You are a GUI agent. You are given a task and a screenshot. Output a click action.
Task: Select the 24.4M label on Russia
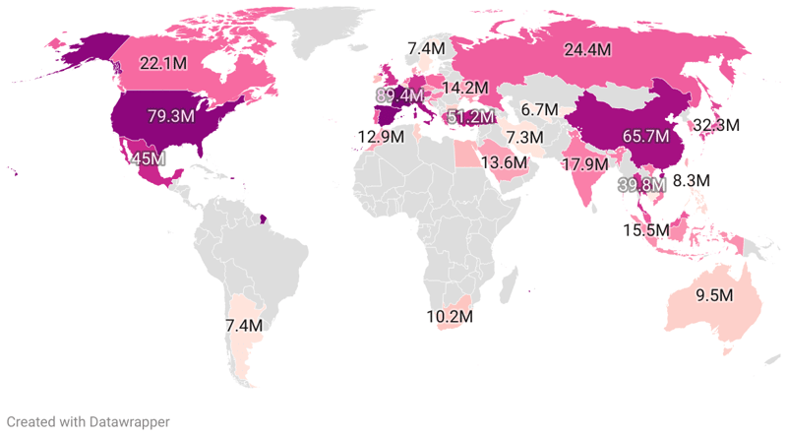tap(586, 49)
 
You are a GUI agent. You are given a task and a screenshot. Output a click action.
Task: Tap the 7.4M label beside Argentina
tap(243, 325)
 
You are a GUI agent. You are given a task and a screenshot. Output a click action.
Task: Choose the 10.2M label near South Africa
tap(450, 317)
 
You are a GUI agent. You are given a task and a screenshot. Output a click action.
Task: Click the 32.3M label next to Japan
tap(744, 126)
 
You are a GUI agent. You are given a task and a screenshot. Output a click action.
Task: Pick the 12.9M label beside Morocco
tap(379, 137)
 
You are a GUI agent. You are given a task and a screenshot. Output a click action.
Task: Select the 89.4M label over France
tap(399, 95)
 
